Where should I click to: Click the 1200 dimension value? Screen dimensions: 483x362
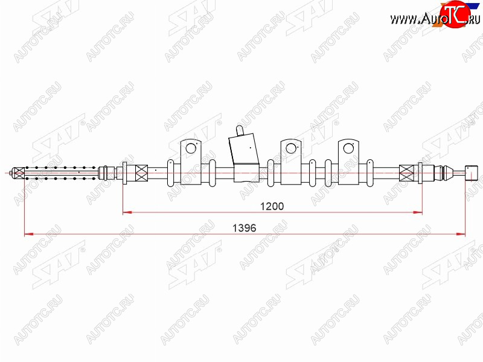(272, 206)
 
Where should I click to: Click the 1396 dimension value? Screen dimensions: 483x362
(245, 228)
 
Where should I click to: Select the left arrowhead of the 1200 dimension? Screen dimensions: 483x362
(127, 212)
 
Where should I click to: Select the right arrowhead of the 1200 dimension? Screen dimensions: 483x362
(418, 212)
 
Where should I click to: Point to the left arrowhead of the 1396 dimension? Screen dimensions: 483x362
(28, 234)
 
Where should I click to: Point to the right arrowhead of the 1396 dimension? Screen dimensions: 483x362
(461, 234)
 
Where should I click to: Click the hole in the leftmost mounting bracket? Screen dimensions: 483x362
(191, 148)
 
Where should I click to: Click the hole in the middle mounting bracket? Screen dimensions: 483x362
(291, 148)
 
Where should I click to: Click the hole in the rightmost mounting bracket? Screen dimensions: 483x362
(348, 148)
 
